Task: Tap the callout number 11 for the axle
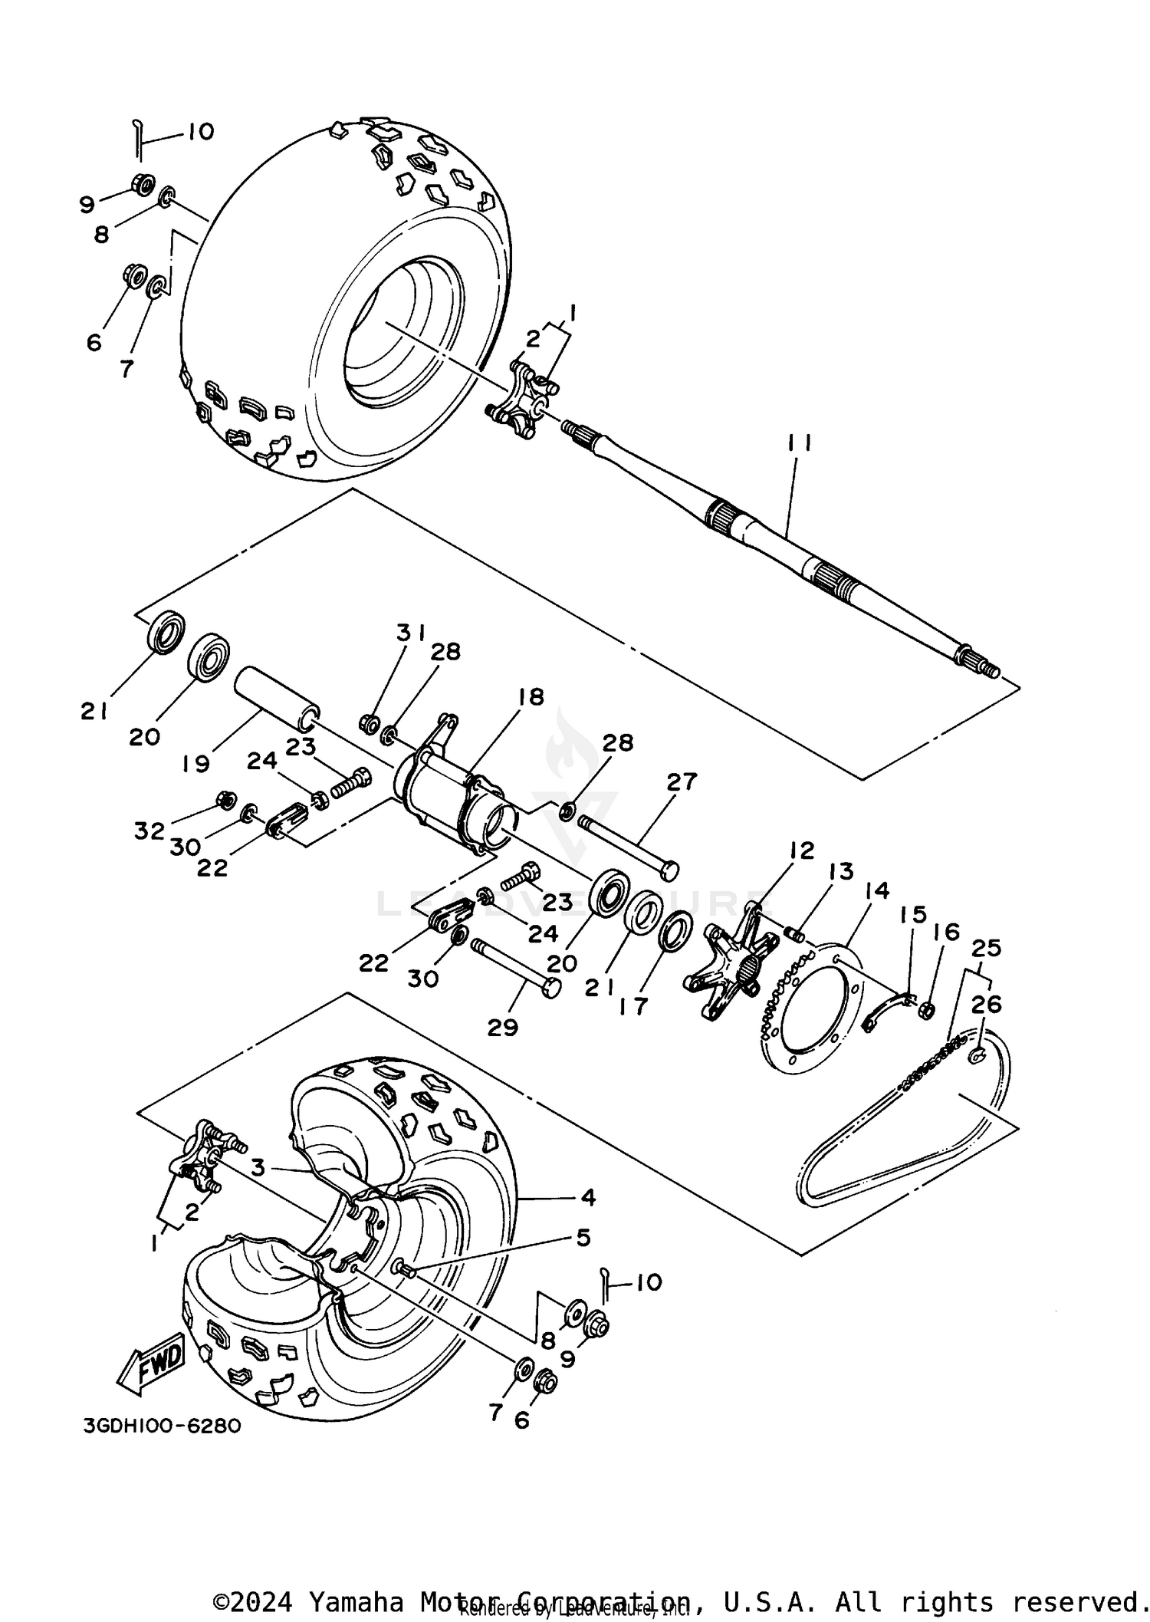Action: [x=798, y=444]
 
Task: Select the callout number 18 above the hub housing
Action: [x=531, y=697]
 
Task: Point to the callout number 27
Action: [x=681, y=781]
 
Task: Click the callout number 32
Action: [x=149, y=831]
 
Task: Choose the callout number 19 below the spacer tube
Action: [x=196, y=765]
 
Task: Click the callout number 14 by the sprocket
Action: [x=876, y=890]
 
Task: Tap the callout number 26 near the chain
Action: [x=986, y=1004]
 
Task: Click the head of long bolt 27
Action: [x=669, y=870]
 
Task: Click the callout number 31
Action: [x=411, y=633]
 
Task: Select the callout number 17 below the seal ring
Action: [x=634, y=1005]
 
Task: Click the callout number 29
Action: [x=502, y=1028]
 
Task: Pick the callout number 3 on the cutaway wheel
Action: [x=258, y=1168]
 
